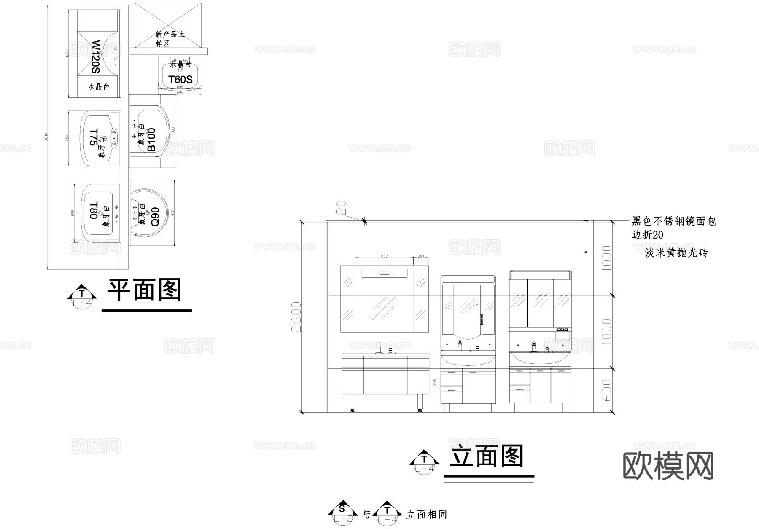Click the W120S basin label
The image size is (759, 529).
tap(96, 57)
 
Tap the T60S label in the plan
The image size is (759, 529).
tap(180, 80)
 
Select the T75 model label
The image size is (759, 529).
tap(94, 137)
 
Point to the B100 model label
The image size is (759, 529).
tap(151, 140)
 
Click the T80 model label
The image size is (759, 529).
tap(93, 210)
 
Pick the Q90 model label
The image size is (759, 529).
tap(155, 216)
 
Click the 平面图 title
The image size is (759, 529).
tap(144, 290)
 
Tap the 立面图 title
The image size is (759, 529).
tap(487, 456)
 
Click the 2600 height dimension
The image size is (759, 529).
tap(296, 317)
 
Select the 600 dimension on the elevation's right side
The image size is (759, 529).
tap(606, 390)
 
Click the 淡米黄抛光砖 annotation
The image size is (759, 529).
tap(676, 253)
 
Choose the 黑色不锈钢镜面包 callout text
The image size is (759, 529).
tap(674, 221)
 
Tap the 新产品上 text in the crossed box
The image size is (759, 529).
tap(170, 34)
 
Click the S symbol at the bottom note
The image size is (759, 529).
tap(342, 509)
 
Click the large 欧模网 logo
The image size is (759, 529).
tap(668, 466)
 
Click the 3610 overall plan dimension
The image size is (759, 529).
tap(46, 137)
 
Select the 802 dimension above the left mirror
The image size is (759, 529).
tap(384, 256)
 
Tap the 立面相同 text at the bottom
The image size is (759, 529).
tap(426, 514)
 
